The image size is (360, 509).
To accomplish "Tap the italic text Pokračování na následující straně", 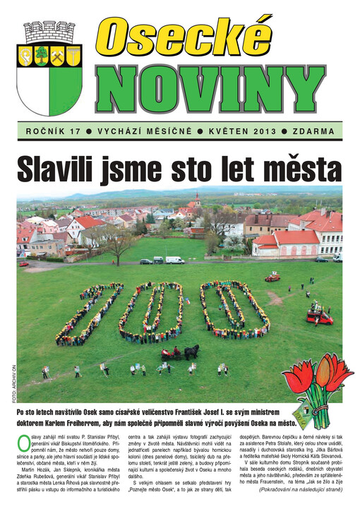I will (299, 488).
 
